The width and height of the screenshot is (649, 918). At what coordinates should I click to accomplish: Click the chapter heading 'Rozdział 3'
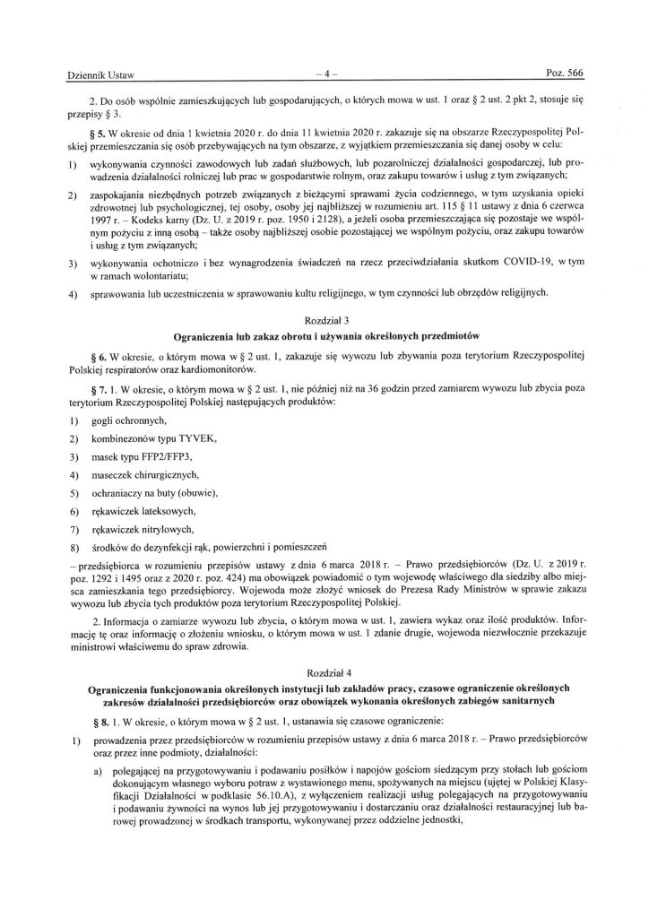point(324,318)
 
